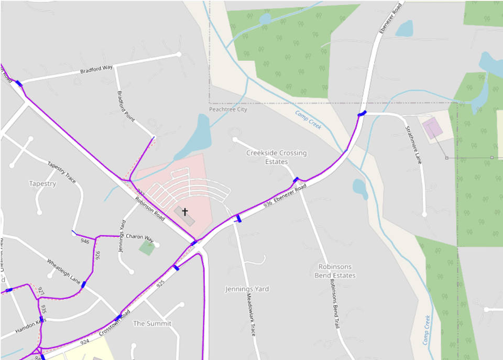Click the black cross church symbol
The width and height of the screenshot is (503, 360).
(x=185, y=211)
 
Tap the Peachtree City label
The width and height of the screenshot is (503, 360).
(x=228, y=110)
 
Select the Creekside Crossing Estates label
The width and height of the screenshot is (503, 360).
(x=276, y=157)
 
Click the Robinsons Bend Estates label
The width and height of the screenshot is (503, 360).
(x=335, y=271)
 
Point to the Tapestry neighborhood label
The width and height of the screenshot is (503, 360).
(x=42, y=184)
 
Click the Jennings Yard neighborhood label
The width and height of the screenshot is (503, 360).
(x=247, y=289)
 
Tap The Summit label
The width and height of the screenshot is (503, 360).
(x=152, y=323)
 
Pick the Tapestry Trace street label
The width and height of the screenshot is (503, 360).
(x=62, y=171)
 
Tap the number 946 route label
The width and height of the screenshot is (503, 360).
(x=84, y=242)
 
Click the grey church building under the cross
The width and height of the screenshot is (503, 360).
(x=184, y=216)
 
